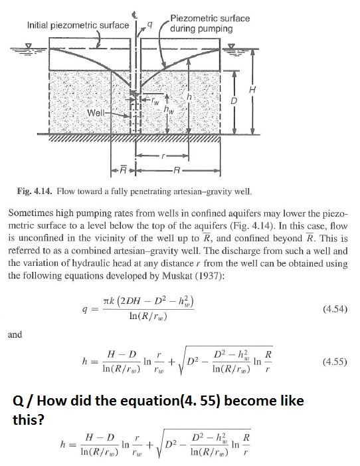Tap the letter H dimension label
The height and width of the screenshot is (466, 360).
coord(251,88)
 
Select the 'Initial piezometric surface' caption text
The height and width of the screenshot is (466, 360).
coord(78,25)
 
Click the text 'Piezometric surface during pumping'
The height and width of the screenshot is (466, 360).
coord(209,23)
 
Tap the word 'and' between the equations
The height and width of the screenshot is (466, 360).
coord(15,334)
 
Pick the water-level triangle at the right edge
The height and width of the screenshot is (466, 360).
coord(231,48)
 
